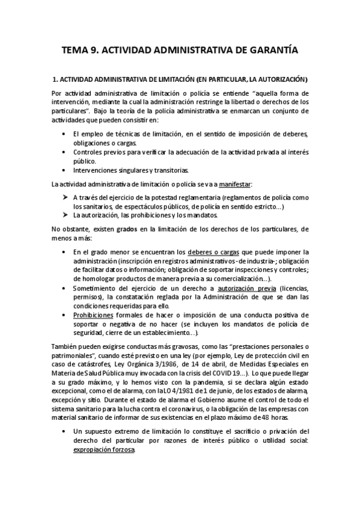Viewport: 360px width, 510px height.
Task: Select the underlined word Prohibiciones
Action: [x=93, y=315]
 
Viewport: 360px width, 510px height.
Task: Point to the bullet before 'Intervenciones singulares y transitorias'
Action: [x=65, y=169]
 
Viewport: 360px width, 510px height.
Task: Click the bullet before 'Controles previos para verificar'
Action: [x=65, y=152]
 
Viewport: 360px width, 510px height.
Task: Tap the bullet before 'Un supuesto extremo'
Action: [x=65, y=431]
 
